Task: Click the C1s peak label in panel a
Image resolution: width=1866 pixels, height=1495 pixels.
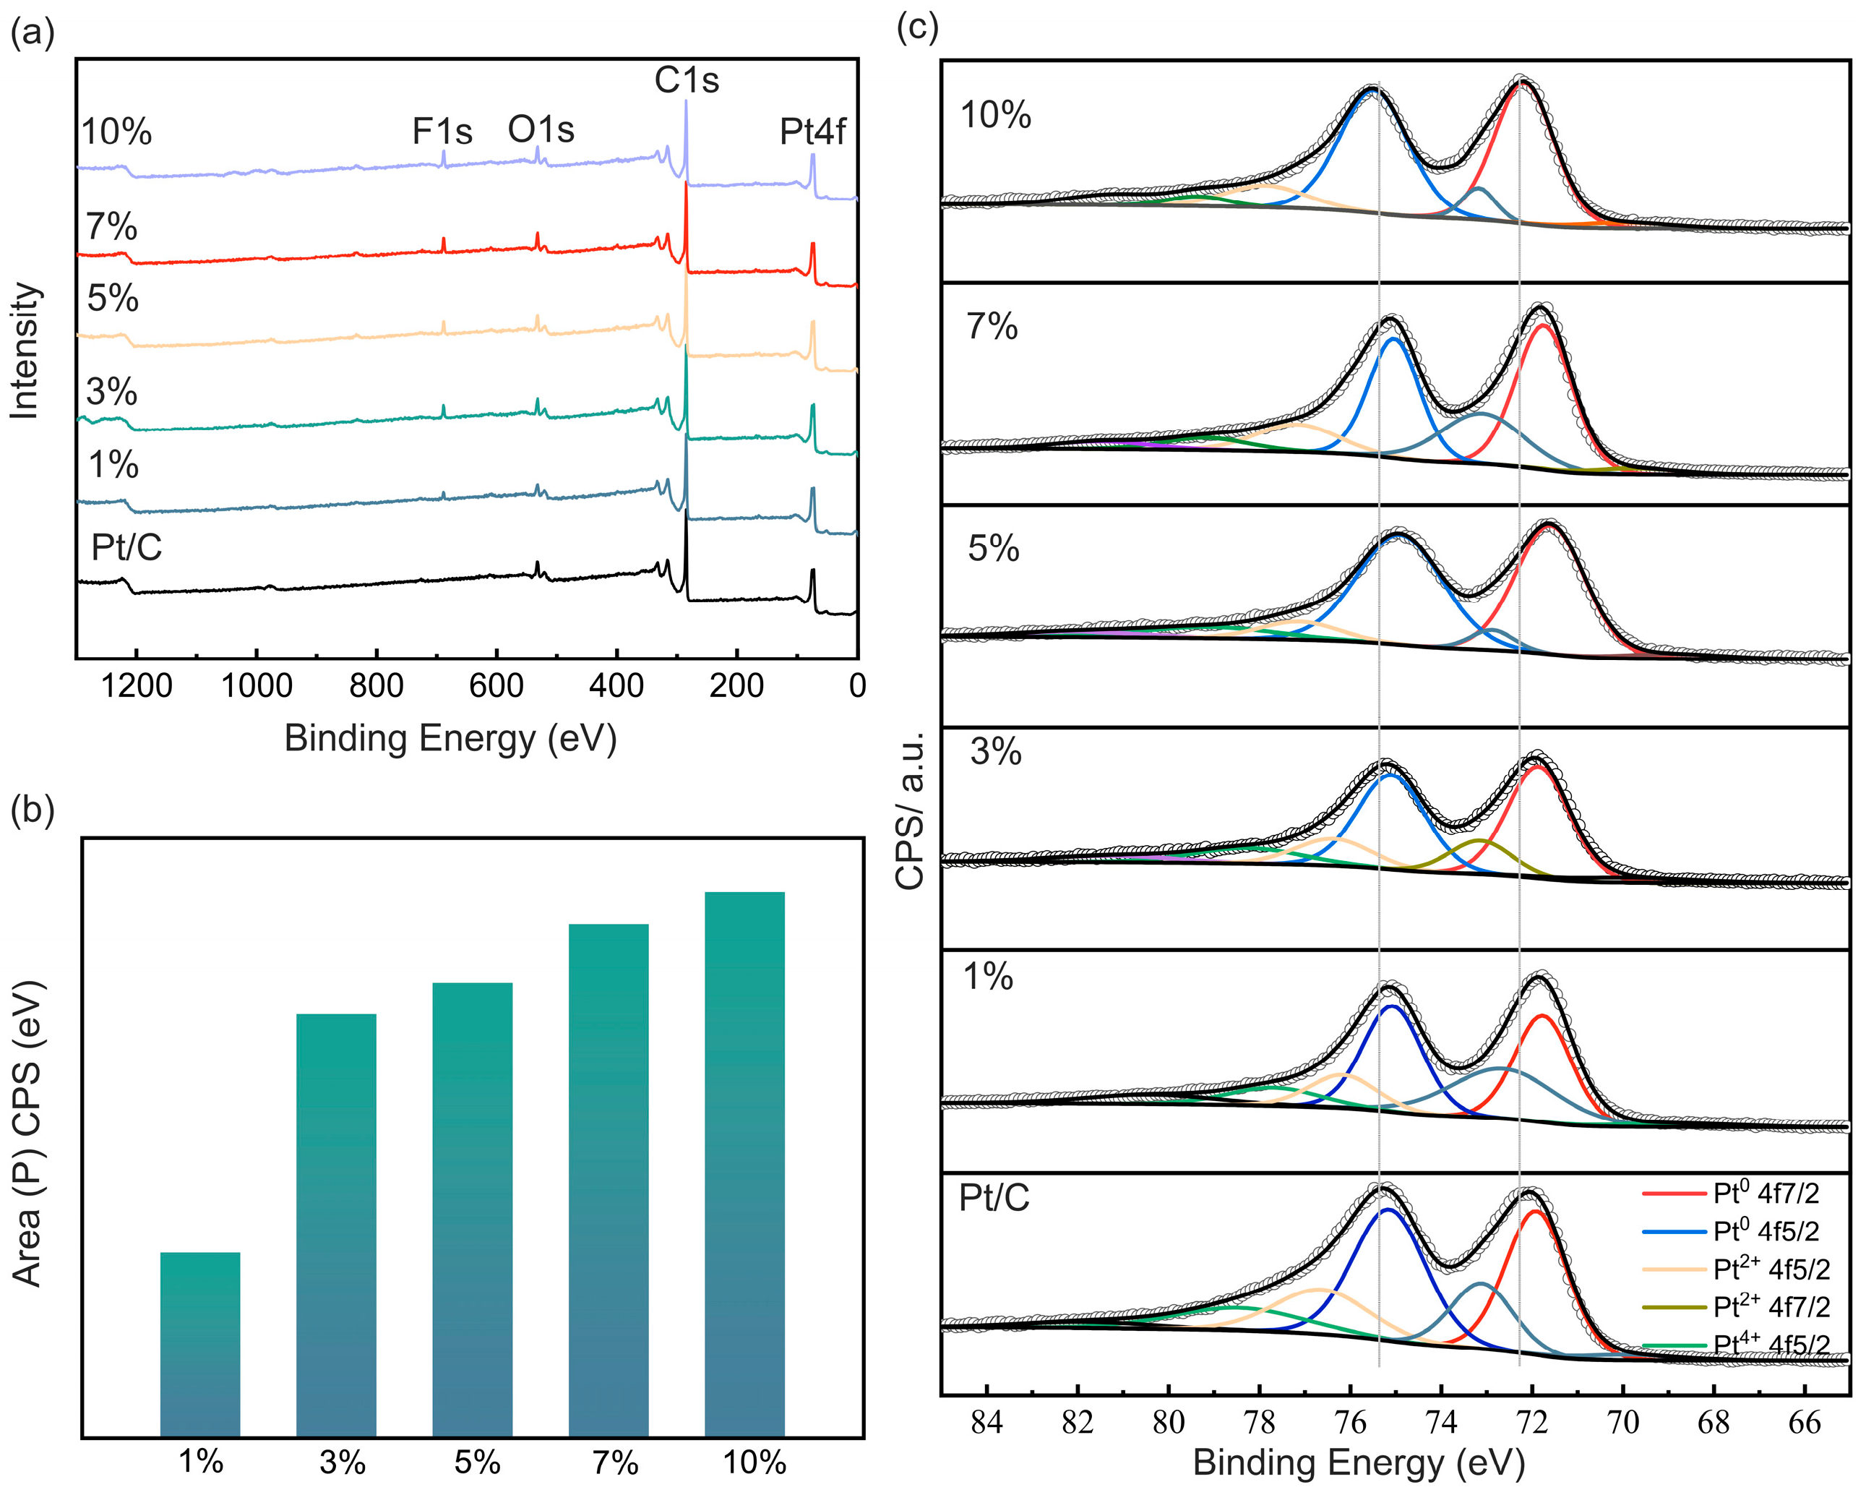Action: click(687, 80)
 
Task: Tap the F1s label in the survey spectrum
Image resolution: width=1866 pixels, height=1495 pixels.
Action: click(442, 132)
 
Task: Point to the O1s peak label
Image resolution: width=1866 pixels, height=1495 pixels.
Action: click(541, 130)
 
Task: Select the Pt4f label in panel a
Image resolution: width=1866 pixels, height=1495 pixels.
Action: click(812, 132)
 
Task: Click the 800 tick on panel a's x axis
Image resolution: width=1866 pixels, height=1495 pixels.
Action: click(377, 685)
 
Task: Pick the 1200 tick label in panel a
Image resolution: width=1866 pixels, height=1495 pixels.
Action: click(136, 685)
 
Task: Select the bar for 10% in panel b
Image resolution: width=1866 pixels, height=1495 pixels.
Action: click(744, 1165)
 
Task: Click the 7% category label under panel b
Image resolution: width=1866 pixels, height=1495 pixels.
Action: click(615, 1463)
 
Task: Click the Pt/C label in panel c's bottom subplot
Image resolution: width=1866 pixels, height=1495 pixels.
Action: click(994, 1198)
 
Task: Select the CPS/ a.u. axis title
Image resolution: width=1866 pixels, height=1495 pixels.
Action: click(911, 810)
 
